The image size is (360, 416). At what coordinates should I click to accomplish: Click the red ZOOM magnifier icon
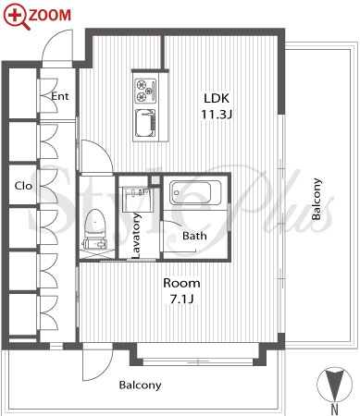[x=15, y=16]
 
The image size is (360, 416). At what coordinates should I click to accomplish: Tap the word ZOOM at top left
[x=50, y=15]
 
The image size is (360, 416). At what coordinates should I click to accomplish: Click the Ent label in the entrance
[x=60, y=96]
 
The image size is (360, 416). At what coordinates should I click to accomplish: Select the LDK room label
[x=217, y=98]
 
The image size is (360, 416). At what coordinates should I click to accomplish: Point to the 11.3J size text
[x=217, y=115]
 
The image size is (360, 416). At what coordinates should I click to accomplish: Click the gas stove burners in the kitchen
[x=145, y=90]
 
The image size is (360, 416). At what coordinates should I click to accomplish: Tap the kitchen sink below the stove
[x=145, y=124]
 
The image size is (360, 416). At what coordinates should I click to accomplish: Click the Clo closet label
[x=23, y=186]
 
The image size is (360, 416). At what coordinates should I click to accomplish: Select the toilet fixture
[x=95, y=228]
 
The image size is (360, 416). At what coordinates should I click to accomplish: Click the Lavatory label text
[x=136, y=236]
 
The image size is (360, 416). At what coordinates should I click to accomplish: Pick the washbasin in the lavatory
[x=138, y=199]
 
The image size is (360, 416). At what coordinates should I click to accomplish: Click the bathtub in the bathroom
[x=195, y=192]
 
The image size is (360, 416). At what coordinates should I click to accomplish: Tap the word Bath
[x=194, y=236]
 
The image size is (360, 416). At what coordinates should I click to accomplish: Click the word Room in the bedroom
[x=181, y=283]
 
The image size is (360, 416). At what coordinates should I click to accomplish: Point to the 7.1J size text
[x=181, y=299]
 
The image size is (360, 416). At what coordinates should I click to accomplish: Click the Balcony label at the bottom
[x=141, y=385]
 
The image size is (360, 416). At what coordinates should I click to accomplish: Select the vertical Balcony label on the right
[x=317, y=199]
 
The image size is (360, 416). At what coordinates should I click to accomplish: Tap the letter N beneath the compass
[x=335, y=410]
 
